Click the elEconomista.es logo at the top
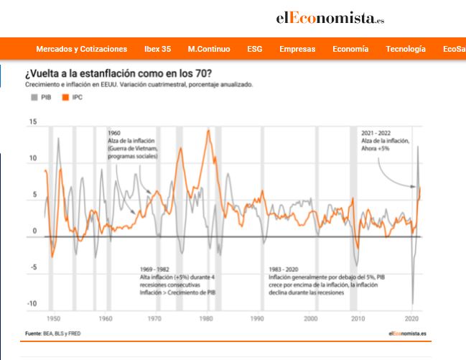[330, 18]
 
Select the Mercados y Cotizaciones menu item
[81, 49]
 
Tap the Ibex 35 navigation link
[157, 49]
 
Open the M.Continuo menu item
[209, 49]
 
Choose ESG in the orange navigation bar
[254, 49]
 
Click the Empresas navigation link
[297, 49]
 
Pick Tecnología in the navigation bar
[406, 49]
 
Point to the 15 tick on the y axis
[32, 121]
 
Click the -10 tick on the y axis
[31, 304]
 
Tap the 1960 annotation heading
[114, 133]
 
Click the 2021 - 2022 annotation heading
[378, 133]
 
